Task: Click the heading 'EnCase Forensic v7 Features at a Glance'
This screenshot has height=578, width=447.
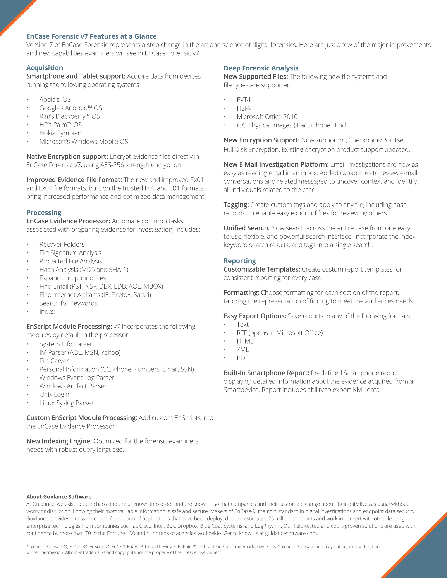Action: point(91,36)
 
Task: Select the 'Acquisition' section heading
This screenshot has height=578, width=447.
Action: point(45,68)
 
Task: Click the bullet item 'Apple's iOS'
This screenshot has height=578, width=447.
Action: point(55,99)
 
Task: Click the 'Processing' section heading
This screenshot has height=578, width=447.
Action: point(44,213)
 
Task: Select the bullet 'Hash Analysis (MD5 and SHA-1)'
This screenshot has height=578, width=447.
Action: point(84,270)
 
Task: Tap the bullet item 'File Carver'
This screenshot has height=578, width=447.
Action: point(54,361)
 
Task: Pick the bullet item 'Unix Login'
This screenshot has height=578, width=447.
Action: point(54,395)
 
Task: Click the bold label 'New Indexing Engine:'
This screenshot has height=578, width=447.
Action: point(59,441)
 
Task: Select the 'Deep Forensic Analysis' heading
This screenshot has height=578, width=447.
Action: point(261,68)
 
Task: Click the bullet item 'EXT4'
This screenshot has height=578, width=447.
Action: point(243,100)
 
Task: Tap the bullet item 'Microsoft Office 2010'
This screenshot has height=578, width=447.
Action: point(267,117)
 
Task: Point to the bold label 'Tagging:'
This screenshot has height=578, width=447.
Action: point(236,205)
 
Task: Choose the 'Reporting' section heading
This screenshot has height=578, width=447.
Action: point(240,261)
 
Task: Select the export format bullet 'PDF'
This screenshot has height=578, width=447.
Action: point(242,358)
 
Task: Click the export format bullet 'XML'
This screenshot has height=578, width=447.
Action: point(242,350)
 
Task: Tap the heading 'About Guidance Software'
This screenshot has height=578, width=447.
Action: point(59,497)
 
